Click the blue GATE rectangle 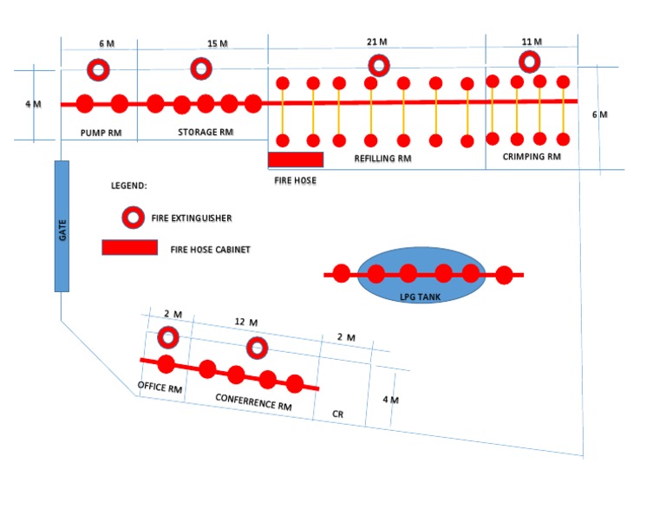(x=62, y=225)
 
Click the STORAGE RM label (x=206, y=133)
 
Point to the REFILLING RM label (x=382, y=159)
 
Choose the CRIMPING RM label (x=532, y=157)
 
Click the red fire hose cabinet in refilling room (x=296, y=160)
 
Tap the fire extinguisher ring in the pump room (x=98, y=69)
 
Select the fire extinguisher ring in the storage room (x=200, y=68)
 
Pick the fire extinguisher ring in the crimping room (x=529, y=62)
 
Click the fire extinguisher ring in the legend (x=133, y=217)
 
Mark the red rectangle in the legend (x=130, y=248)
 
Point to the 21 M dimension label (x=377, y=42)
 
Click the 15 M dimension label (x=218, y=43)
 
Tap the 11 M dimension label (x=532, y=42)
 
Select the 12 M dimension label (x=246, y=323)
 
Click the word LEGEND (x=129, y=186)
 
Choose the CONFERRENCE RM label (x=253, y=402)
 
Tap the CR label (x=338, y=414)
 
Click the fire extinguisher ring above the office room (x=167, y=336)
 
